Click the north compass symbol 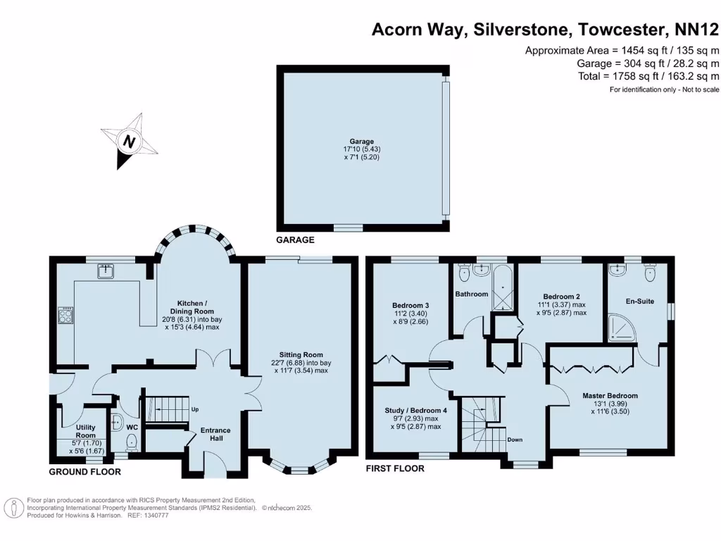pyautogui.click(x=129, y=141)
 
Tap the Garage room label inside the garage pyautogui.click(x=363, y=142)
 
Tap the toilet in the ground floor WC pyautogui.click(x=131, y=442)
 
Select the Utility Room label pyautogui.click(x=85, y=431)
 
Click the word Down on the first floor pyautogui.click(x=515, y=440)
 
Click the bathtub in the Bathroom pyautogui.click(x=502, y=290)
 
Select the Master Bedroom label pyautogui.click(x=610, y=396)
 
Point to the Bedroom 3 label pyautogui.click(x=410, y=305)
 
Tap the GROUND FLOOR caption pyautogui.click(x=84, y=472)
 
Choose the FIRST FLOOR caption pyautogui.click(x=395, y=468)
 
